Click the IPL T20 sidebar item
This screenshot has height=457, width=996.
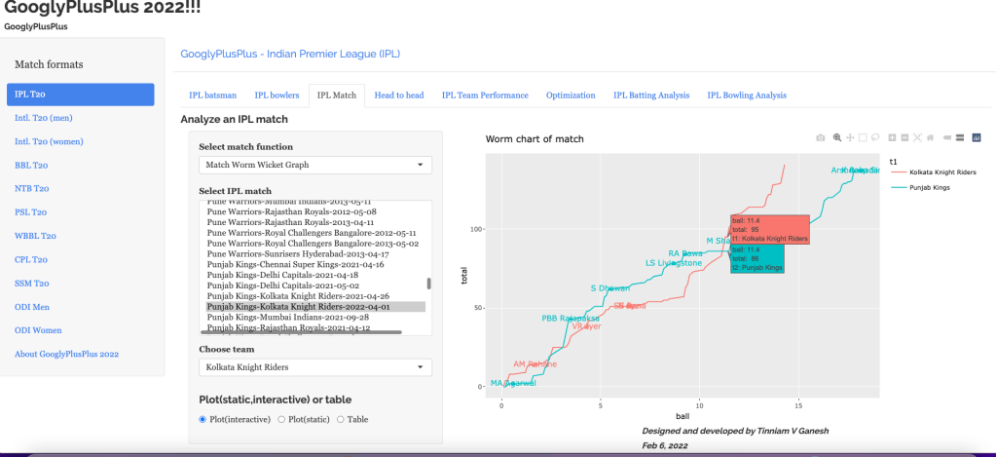pyautogui.click(x=80, y=95)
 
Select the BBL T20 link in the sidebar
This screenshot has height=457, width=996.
pyautogui.click(x=32, y=165)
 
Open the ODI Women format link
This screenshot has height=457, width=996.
pyautogui.click(x=38, y=330)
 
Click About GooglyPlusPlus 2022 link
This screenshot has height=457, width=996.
pyautogui.click(x=66, y=354)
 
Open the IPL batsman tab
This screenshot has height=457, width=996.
pyautogui.click(x=212, y=95)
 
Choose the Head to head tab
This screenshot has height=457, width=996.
pyautogui.click(x=399, y=95)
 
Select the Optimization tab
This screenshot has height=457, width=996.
pyautogui.click(x=571, y=95)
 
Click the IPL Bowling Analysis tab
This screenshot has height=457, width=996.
pyautogui.click(x=747, y=95)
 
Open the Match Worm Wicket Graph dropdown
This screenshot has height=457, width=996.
pyautogui.click(x=315, y=166)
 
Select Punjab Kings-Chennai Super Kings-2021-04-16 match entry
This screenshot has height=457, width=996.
pyautogui.click(x=295, y=264)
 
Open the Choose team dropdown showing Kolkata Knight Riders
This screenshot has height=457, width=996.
pyautogui.click(x=315, y=367)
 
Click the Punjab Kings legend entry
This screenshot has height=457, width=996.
pyautogui.click(x=938, y=186)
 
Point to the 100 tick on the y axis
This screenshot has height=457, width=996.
pyautogui.click(x=477, y=230)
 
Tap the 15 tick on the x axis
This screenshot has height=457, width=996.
pyautogui.click(x=798, y=403)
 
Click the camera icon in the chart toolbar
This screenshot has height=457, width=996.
pyautogui.click(x=820, y=137)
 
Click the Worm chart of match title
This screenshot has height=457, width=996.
pyautogui.click(x=535, y=139)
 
